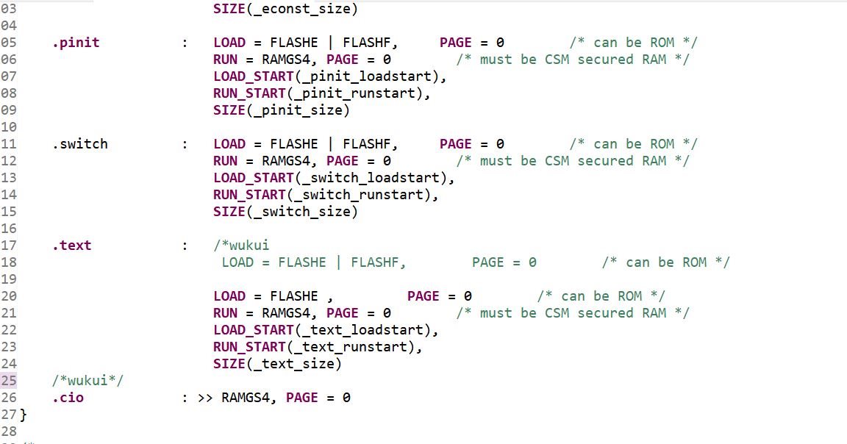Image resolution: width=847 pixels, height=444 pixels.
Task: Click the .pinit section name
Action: [76, 43]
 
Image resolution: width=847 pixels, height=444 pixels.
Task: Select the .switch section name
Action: [80, 143]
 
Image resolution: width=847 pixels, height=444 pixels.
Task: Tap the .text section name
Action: [72, 246]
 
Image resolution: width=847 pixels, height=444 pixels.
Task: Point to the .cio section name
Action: [68, 398]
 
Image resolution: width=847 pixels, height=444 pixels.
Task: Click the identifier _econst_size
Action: [302, 9]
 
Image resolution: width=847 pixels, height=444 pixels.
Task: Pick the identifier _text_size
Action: [294, 364]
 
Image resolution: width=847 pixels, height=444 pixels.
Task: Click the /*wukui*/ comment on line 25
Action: [87, 380]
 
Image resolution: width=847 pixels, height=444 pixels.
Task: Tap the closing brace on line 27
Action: [24, 415]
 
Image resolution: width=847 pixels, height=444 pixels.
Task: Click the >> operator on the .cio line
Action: [205, 398]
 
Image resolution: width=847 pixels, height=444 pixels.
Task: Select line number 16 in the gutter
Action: [9, 229]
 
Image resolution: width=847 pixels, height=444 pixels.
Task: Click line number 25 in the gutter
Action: [9, 381]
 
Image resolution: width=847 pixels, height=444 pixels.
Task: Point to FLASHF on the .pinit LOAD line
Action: [367, 43]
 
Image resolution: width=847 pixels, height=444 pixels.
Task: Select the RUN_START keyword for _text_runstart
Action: [249, 347]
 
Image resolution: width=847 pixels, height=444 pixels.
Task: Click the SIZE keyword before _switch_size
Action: [229, 211]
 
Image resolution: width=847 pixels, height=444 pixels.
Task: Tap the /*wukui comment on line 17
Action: [241, 246]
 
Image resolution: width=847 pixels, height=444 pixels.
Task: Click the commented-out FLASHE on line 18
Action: [302, 262]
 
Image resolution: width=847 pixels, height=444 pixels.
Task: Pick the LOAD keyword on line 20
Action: [229, 296]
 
